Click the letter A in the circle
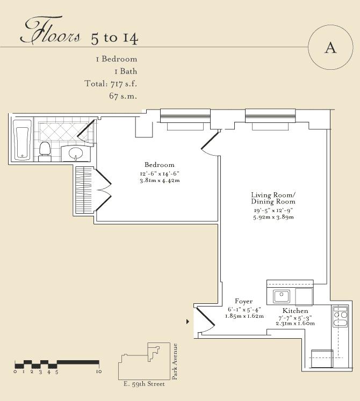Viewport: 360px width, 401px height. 330,48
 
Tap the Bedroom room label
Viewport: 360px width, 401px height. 159,165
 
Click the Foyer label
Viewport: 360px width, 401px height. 243,302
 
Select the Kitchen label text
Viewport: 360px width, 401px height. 295,311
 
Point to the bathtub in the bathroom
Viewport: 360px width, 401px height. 23,140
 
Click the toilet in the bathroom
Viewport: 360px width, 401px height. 45,151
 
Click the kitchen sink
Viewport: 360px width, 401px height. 282,296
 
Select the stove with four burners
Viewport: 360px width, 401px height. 340,316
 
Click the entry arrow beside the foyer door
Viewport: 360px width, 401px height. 188,322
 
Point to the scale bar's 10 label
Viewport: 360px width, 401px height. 98,371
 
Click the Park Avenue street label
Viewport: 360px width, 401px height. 175,361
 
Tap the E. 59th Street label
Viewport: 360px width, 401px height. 144,384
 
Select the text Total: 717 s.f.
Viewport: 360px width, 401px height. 111,84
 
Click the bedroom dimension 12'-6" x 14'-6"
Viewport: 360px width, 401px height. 159,173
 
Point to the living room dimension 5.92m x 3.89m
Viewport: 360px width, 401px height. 273,217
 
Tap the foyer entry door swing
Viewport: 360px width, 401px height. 205,320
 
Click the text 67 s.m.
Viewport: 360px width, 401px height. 123,96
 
